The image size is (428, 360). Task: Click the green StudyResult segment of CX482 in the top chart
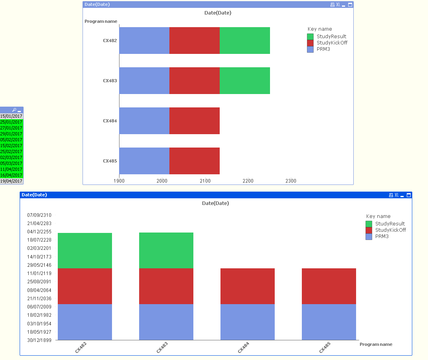[244, 41]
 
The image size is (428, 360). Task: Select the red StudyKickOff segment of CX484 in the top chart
[194, 121]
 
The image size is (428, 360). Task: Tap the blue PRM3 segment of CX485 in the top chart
[144, 161]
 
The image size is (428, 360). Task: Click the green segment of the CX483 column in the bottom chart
[166, 250]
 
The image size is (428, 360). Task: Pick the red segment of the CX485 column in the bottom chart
[329, 286]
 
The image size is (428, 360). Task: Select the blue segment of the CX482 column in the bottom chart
[85, 322]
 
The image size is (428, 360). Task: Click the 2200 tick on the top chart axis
[248, 181]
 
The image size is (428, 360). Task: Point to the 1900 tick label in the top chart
[119, 181]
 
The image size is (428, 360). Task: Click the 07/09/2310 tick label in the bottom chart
[39, 215]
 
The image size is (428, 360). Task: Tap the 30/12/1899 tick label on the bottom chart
[39, 340]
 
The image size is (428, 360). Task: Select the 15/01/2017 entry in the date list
[11, 116]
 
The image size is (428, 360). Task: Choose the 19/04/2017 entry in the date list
[11, 181]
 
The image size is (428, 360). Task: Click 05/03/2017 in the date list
[11, 163]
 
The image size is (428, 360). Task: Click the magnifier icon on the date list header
[14, 110]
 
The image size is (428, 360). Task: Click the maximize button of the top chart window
[350, 5]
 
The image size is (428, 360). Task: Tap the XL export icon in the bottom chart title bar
[397, 195]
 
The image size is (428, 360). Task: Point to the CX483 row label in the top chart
[110, 81]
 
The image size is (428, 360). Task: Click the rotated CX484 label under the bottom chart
[243, 347]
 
